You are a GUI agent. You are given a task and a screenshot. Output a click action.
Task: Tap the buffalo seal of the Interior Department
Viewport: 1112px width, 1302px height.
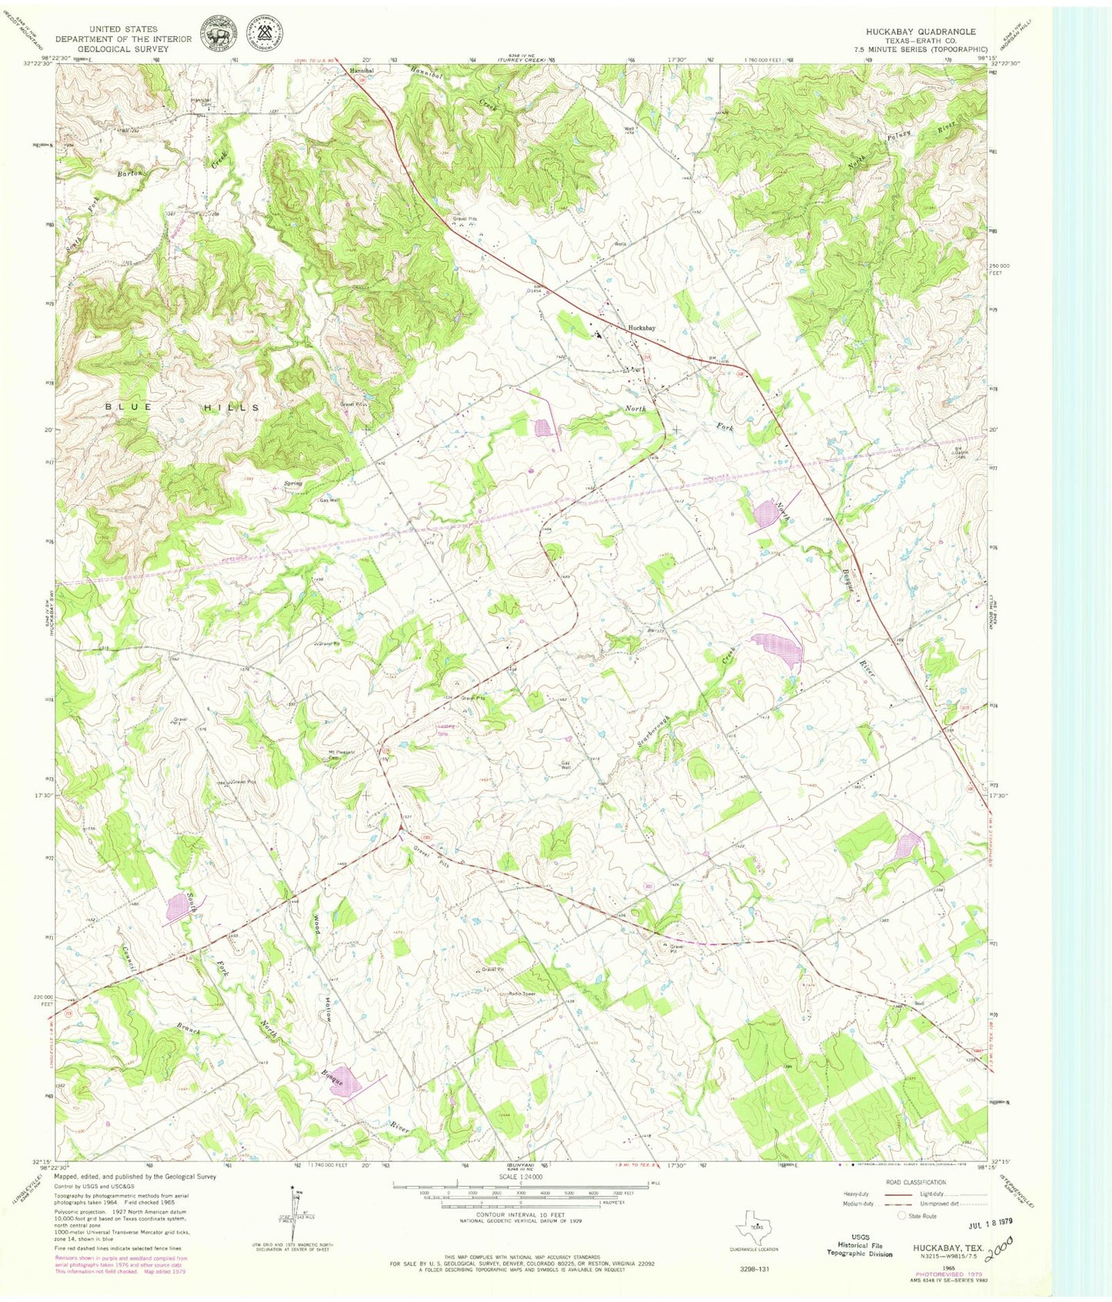pos(218,34)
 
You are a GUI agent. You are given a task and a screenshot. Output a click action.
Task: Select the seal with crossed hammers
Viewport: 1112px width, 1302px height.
pos(263,34)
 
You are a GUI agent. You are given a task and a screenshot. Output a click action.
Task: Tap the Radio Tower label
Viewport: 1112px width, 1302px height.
pos(520,993)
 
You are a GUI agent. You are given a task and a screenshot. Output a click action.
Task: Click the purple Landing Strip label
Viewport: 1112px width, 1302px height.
pos(448,728)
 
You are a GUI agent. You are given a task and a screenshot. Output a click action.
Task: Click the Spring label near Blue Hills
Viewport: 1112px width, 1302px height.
pos(292,484)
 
